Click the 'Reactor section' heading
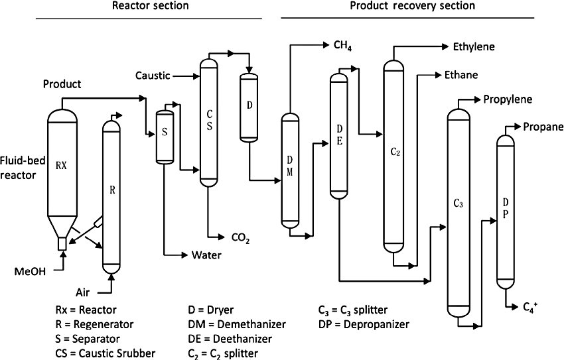tap(150, 6)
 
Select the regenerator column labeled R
tap(111, 192)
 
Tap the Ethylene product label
tap(474, 47)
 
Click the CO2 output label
tap(240, 237)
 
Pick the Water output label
tap(206, 255)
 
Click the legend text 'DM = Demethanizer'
tap(238, 325)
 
